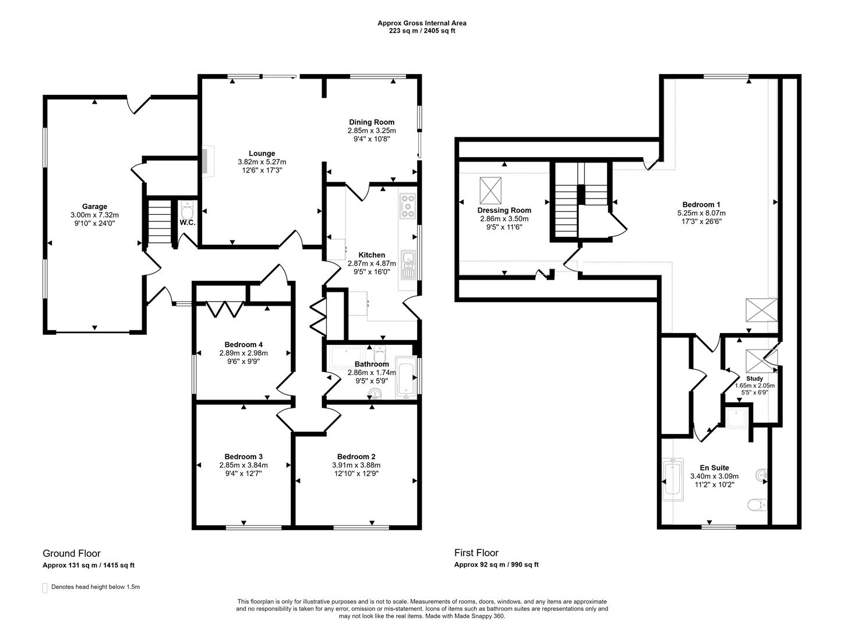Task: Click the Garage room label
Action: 94,206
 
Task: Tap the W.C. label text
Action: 187,222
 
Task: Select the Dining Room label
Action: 372,122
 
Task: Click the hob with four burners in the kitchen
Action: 407,206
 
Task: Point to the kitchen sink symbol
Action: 408,264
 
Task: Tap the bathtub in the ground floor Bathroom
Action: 406,376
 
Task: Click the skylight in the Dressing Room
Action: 490,190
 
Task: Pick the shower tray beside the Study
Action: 737,418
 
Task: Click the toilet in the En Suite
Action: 757,505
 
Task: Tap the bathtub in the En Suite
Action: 673,480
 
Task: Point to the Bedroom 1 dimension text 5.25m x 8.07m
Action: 701,213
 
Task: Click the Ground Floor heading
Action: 72,553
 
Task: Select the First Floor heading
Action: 476,553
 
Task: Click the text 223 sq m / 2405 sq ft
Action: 422,31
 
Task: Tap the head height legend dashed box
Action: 45,588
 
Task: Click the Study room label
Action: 754,379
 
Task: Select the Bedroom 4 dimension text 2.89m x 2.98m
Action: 243,353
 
